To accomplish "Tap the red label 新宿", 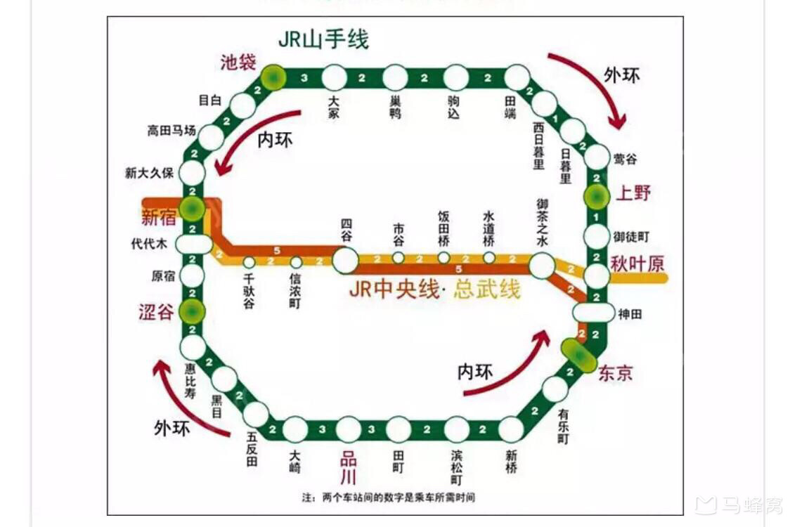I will coord(159,218).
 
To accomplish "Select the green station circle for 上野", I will coord(597,197).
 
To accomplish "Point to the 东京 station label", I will coord(615,373).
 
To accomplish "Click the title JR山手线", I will coord(323,39).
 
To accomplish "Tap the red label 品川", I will coord(348,469).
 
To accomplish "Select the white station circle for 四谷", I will coord(345,260).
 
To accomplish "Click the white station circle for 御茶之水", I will coord(541,265).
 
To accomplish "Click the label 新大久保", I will coord(149,173).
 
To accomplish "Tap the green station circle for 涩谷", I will coord(192,311).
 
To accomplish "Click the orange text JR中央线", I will coord(394,289).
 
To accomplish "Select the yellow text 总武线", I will coord(487,289).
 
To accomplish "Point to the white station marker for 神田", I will coord(593,312).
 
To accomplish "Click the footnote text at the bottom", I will coord(389,497).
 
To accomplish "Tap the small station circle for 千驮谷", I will coord(249,262).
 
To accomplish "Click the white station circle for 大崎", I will coord(295,429).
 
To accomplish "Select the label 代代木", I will coord(149,244).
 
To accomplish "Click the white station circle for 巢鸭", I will coord(395,77).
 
